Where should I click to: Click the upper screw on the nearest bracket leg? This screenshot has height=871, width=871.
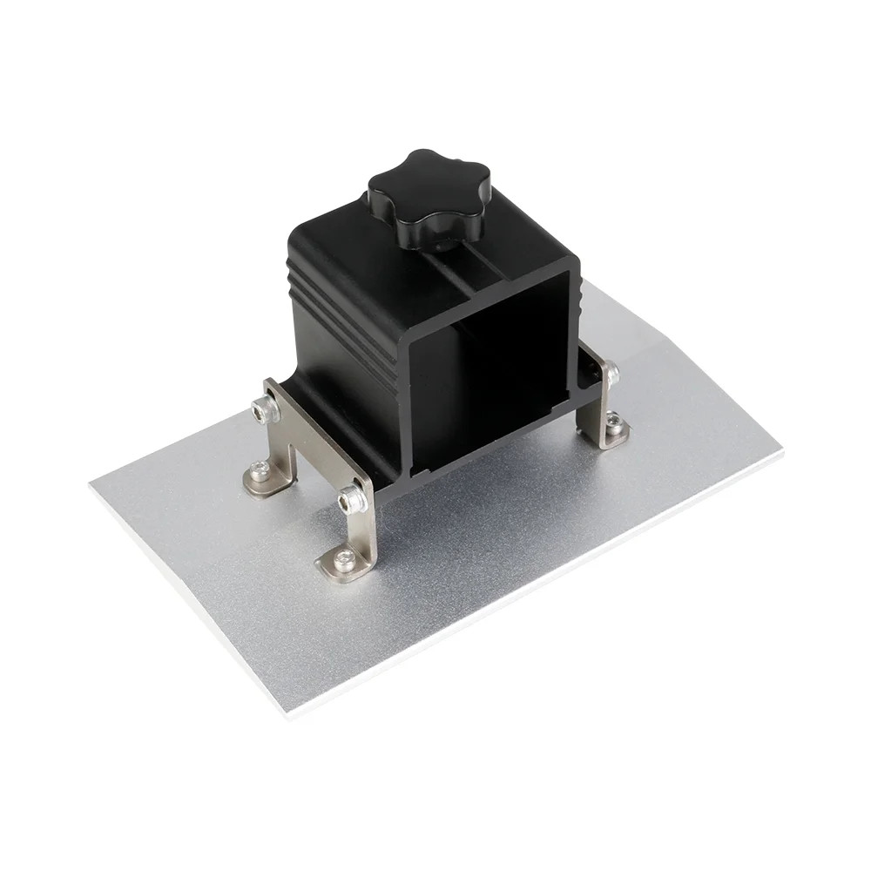[x=354, y=499]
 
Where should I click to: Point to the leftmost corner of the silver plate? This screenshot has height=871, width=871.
[x=91, y=482]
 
